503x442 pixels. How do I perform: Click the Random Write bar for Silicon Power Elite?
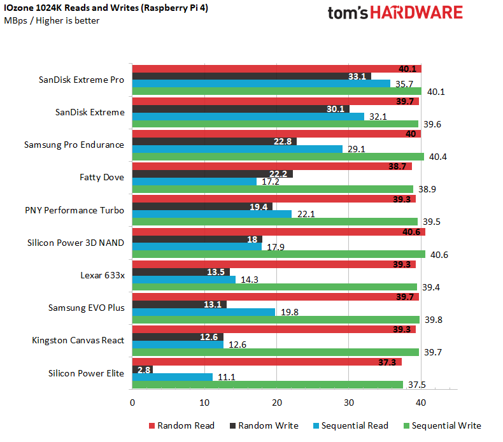[142, 369]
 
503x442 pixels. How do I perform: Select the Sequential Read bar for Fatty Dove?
[194, 182]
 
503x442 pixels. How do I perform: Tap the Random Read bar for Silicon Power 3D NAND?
[278, 231]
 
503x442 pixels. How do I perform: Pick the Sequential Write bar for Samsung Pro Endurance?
[278, 157]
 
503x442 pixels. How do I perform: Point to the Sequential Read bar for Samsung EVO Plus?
[203, 312]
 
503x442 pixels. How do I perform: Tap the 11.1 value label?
[227, 377]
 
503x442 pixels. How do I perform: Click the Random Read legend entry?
[181, 425]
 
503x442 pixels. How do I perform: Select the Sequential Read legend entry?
[354, 425]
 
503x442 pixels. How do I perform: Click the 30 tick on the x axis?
[348, 403]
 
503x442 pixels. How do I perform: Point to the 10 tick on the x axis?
[204, 403]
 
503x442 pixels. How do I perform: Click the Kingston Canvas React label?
[78, 340]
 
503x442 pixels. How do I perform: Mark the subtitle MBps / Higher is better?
[52, 20]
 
